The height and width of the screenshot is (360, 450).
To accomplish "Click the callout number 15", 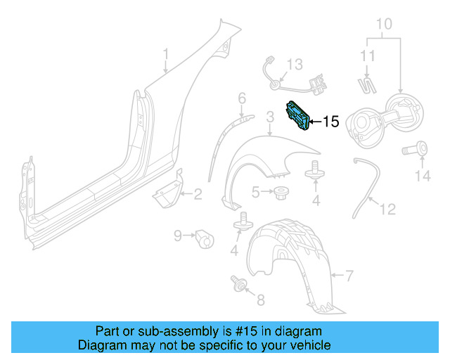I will (x=330, y=122).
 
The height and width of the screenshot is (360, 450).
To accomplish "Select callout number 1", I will (x=166, y=53).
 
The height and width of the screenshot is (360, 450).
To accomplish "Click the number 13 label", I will (x=294, y=65).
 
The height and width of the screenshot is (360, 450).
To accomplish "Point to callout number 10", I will (x=383, y=25).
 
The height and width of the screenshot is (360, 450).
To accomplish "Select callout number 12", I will (x=388, y=209).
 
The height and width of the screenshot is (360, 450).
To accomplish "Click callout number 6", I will (x=241, y=98).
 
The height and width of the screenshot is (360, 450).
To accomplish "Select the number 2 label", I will (x=198, y=194).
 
